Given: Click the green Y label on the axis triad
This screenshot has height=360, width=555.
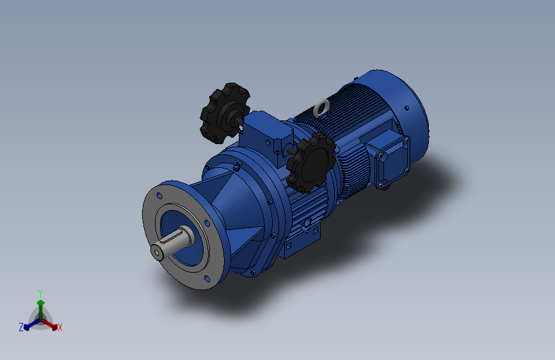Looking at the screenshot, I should [40, 292].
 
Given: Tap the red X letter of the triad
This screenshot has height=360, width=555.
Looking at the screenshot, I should [60, 328].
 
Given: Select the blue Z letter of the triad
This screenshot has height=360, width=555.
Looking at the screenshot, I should [21, 327].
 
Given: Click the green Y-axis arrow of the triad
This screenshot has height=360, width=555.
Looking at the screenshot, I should [40, 306].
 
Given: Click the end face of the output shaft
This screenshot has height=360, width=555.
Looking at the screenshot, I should [157, 252].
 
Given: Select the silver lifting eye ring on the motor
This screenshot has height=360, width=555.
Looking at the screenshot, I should [322, 107].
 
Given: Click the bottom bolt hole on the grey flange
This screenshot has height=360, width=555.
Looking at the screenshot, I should [209, 280].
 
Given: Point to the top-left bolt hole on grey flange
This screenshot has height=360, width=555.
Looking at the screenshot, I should [157, 193].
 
